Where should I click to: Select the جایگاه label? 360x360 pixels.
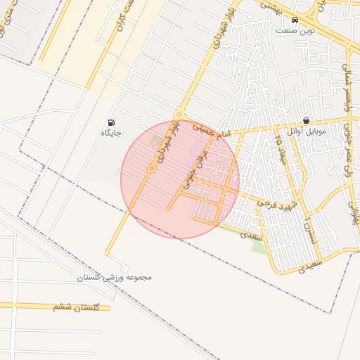pos(111,132)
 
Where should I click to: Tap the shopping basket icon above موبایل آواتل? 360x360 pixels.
pos(306,121)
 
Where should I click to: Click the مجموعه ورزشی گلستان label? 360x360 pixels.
pos(115,278)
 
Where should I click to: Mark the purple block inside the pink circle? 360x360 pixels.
pos(199,152)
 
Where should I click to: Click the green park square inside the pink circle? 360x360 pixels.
pos(155,142)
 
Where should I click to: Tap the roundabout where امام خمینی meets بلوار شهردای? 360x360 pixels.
pos(179,115)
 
